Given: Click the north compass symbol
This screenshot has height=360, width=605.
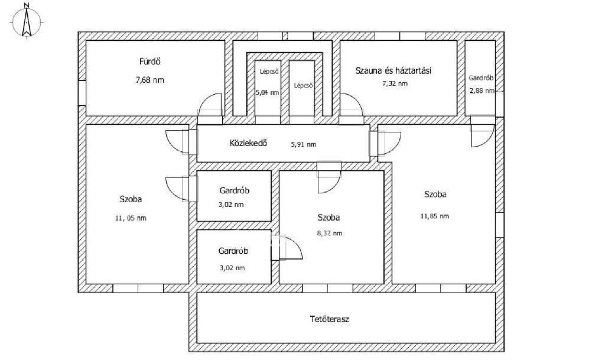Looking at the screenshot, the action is pyautogui.click(x=26, y=21).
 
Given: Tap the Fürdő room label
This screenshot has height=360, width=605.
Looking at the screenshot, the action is pyautogui.click(x=149, y=61).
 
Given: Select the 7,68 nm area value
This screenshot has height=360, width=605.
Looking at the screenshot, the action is pyautogui.click(x=149, y=80).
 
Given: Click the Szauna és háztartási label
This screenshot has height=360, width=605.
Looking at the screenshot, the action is pyautogui.click(x=393, y=70).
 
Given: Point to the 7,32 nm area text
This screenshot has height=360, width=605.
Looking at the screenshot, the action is pyautogui.click(x=395, y=83).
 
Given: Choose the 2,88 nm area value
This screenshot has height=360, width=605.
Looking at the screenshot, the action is pyautogui.click(x=482, y=91).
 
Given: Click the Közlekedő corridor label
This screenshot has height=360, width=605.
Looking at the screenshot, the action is pyautogui.click(x=248, y=143).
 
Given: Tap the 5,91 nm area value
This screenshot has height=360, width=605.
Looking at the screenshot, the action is pyautogui.click(x=303, y=144).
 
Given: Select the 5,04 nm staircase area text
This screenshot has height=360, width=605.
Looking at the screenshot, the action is pyautogui.click(x=268, y=93).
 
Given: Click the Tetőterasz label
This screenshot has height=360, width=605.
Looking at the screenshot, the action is pyautogui.click(x=330, y=319).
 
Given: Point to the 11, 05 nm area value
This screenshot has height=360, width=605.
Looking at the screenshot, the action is pyautogui.click(x=131, y=218).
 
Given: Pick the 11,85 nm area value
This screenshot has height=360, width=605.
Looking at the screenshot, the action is pyautogui.click(x=434, y=216).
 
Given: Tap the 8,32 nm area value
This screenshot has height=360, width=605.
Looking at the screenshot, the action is pyautogui.click(x=330, y=233).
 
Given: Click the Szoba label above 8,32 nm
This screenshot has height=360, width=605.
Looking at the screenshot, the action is pyautogui.click(x=328, y=218).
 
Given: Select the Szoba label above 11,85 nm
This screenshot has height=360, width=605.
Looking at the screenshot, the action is pyautogui.click(x=435, y=194).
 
